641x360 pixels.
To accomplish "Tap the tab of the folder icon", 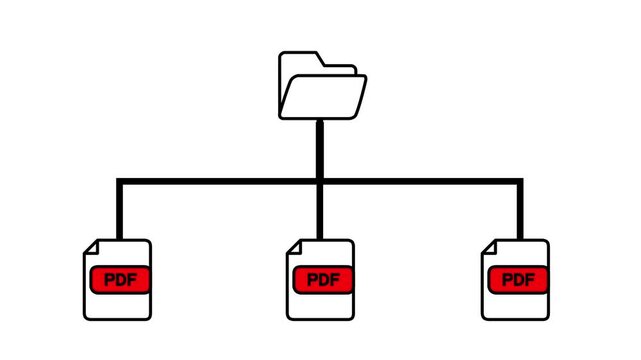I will (300, 58).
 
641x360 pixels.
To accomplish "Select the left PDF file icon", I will (117, 280).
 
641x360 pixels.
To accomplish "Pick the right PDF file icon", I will (516, 280).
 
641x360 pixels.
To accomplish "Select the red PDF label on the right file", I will (518, 279).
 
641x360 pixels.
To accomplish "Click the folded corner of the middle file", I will (293, 246).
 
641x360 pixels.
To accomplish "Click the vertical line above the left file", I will (120, 210).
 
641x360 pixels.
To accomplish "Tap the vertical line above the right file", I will (520, 210).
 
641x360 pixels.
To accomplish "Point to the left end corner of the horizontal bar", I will (120, 182).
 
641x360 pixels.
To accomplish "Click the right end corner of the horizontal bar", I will (520, 182).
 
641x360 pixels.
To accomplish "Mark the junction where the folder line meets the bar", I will (320, 182).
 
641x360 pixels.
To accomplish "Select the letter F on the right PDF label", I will (529, 279).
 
